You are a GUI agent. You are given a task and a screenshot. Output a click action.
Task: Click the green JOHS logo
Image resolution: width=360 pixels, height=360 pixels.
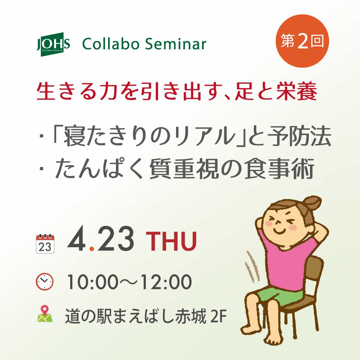coord(53,45)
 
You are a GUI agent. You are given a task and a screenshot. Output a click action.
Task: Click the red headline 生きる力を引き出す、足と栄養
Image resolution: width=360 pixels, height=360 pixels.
coord(176,93)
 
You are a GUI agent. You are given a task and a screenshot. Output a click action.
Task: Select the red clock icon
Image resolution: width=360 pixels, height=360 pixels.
coord(45,281)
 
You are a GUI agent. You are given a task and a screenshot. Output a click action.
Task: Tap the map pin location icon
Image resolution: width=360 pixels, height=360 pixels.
coord(45,314)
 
